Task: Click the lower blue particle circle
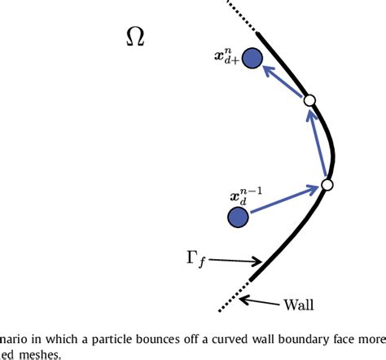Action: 238,217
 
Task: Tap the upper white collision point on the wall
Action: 309,100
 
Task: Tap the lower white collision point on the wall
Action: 327,186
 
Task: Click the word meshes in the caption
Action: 42,353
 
